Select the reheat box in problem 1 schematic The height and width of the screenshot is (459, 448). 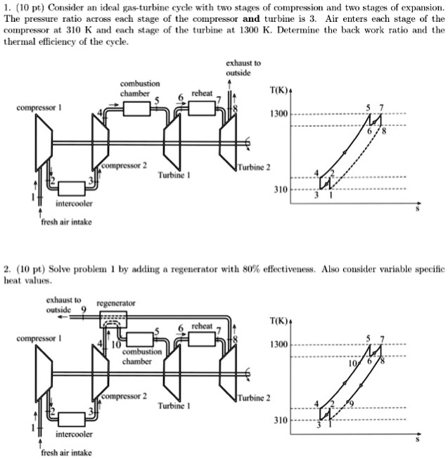(201, 107)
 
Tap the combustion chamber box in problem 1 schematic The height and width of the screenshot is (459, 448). (136, 108)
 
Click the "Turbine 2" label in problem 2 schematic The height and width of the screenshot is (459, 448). (254, 398)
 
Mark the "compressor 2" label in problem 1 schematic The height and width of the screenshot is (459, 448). (124, 166)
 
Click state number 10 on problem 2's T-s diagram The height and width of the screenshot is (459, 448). (358, 365)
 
